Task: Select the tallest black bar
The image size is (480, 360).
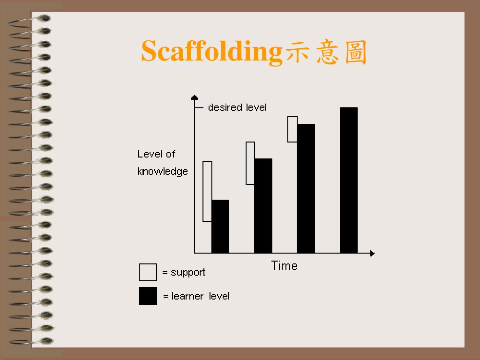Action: (348, 180)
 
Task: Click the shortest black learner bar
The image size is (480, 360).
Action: (220, 226)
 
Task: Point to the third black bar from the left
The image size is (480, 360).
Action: (306, 188)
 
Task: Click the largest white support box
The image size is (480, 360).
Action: (207, 191)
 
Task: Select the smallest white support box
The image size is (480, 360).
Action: (292, 129)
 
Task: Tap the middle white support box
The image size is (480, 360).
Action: (250, 163)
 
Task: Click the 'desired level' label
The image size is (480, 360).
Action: (237, 108)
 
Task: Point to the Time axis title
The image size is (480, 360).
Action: (284, 266)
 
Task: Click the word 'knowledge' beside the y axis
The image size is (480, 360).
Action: (162, 172)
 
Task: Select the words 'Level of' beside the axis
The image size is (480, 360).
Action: (156, 154)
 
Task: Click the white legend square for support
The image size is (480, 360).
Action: (148, 272)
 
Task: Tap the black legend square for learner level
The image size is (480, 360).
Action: (148, 296)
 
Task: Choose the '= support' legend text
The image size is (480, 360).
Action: (184, 272)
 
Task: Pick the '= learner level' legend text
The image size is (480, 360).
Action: (196, 296)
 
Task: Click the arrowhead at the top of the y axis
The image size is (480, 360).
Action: (195, 97)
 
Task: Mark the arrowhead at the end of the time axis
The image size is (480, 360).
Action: (372, 253)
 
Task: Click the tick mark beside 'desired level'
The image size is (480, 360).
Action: (199, 108)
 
